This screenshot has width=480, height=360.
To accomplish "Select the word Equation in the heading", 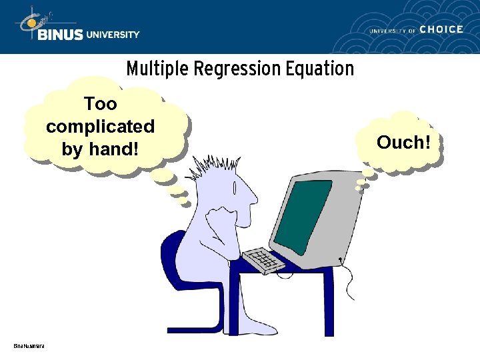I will tap(319, 69).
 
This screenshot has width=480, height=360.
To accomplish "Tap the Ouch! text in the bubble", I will tap(400, 142).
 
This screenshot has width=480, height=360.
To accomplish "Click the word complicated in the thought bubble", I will tap(100, 126).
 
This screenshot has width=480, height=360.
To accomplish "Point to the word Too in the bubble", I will tap(100, 104).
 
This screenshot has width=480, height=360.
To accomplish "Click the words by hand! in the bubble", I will tap(100, 149).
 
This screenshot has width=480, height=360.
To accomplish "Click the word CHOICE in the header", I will tap(441, 29).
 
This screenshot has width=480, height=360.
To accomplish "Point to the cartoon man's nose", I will tap(255, 197).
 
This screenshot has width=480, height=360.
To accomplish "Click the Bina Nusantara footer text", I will tap(29, 345).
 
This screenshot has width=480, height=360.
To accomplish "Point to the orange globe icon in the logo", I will tap(30, 24).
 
